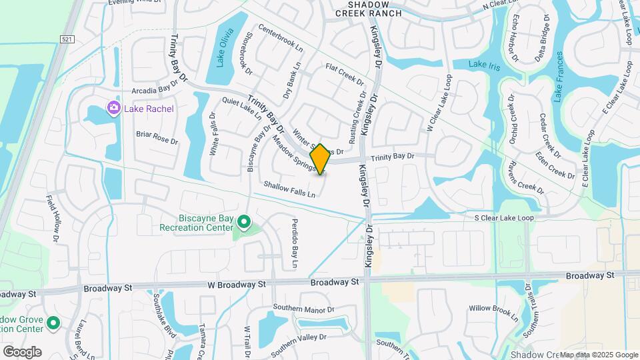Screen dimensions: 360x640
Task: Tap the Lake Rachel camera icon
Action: [113, 108]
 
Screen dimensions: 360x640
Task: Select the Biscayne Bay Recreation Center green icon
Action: [244, 221]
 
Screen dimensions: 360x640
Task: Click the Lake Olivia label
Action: [224, 48]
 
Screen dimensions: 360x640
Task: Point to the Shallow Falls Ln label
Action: [289, 189]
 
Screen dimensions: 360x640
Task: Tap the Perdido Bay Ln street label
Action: [293, 239]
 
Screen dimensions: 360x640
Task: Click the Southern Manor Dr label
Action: [303, 310]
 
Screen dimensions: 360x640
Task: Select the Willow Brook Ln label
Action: [493, 309]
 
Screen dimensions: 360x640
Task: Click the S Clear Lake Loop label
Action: [504, 218]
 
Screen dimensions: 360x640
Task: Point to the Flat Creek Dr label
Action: [345, 75]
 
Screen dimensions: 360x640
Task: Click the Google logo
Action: [22, 352]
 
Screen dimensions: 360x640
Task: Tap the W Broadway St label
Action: [237, 284]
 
